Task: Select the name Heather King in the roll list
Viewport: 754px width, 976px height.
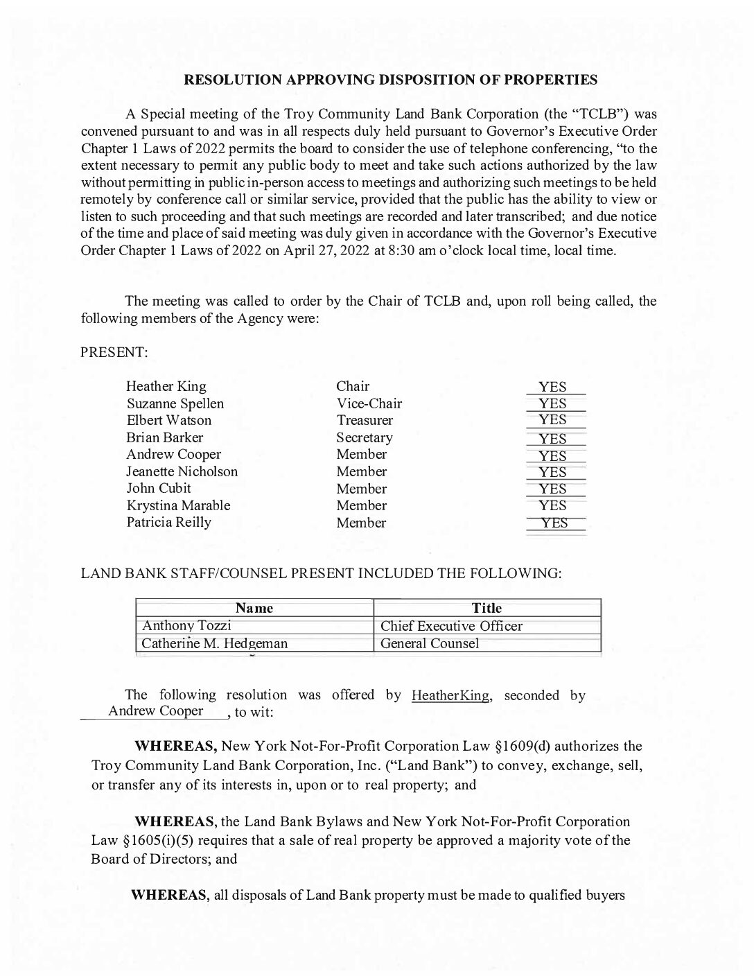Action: [166, 387]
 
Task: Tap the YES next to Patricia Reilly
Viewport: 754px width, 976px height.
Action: [554, 523]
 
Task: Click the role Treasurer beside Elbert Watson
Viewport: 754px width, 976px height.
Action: [365, 420]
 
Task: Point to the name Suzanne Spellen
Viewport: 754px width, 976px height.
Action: [175, 403]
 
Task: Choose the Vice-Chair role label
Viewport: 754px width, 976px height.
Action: [369, 403]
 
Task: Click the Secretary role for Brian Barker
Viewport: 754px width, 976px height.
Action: [365, 437]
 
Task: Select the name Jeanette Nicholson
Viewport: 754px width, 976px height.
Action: [182, 471]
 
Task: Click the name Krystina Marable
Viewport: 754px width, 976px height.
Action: [178, 505]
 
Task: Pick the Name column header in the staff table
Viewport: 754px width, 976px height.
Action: [254, 609]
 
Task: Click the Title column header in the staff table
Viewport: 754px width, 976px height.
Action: [486, 609]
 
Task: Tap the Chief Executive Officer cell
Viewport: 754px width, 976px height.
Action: [451, 626]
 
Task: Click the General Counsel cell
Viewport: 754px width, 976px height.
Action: [430, 643]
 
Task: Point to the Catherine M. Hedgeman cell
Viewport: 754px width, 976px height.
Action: [214, 643]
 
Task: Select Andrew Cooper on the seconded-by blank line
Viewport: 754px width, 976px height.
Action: [156, 711]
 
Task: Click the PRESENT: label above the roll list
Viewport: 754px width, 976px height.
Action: [114, 352]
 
